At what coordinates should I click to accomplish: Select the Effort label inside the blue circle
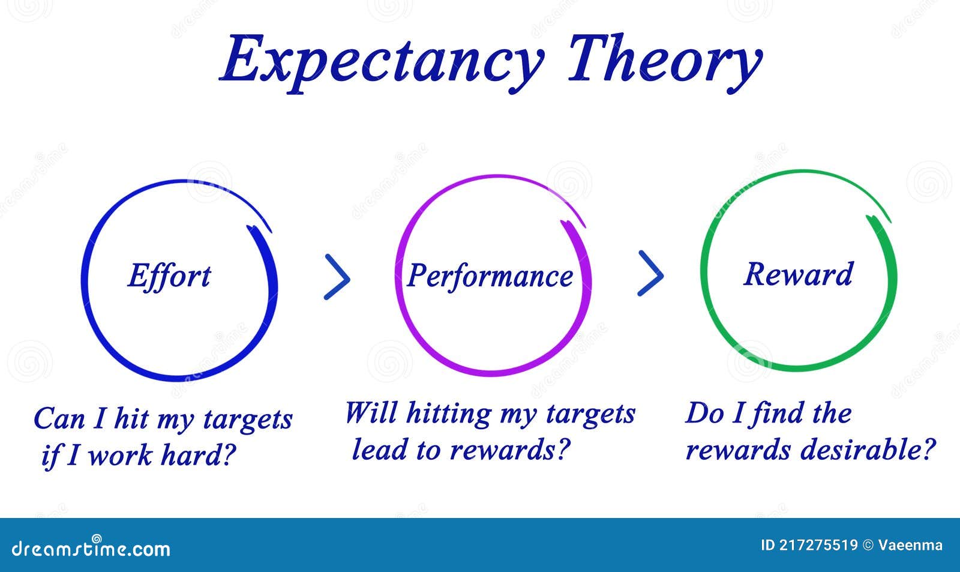click(169, 276)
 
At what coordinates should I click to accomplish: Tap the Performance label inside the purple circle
click(490, 276)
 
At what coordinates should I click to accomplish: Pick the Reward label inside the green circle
click(798, 274)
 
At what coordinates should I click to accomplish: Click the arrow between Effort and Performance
click(338, 277)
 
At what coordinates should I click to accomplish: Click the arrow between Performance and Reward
click(650, 274)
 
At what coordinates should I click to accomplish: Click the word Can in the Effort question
click(59, 418)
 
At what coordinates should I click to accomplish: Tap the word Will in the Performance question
click(370, 413)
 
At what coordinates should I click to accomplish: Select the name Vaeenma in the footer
click(910, 546)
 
